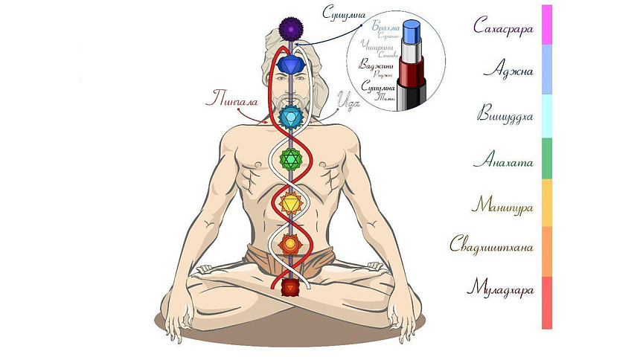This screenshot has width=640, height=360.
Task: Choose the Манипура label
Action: pos(503,204)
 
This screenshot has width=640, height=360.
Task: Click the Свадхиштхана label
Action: pos(492,246)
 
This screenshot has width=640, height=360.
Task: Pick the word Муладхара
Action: pos(501,289)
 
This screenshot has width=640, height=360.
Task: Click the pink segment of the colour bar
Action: pos(547,25)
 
